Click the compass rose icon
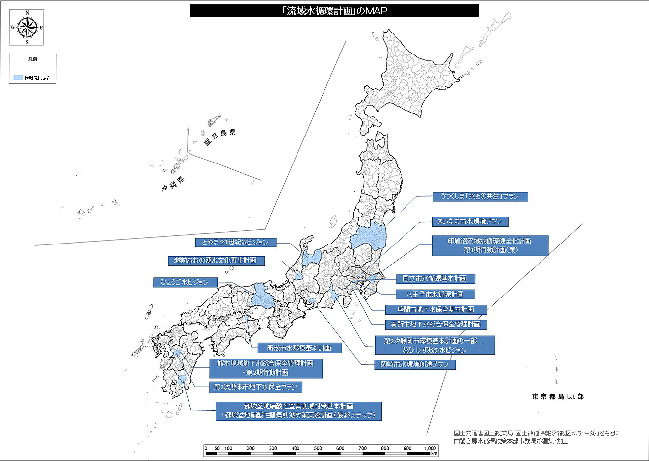click(x=27, y=27)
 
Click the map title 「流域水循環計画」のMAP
click(x=334, y=11)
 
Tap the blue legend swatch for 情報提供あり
click(x=18, y=78)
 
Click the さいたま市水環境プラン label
click(x=470, y=221)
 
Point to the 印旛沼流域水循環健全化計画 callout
click(x=489, y=245)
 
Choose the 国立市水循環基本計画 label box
click(x=435, y=279)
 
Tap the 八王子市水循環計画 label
click(x=435, y=294)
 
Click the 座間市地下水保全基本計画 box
click(x=435, y=309)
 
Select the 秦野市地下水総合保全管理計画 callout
click(x=435, y=325)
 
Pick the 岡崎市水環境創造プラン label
click(x=414, y=365)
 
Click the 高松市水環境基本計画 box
click(x=299, y=348)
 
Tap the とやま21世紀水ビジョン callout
click(x=235, y=242)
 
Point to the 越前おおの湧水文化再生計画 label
click(x=215, y=260)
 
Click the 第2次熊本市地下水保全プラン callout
click(x=255, y=387)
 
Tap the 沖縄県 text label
click(x=173, y=185)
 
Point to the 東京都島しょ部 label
click(x=558, y=396)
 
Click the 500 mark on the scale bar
click(x=318, y=448)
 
